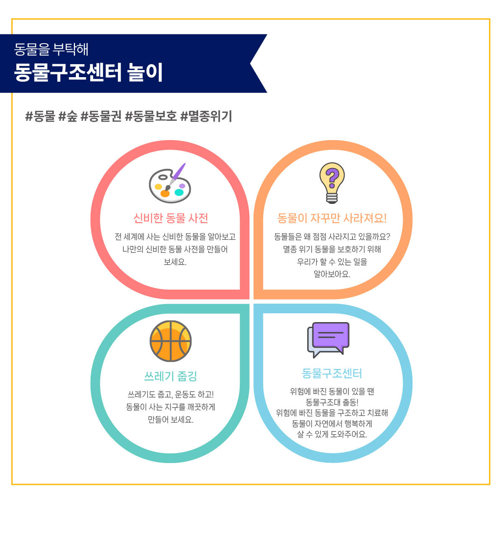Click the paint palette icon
(x=170, y=184)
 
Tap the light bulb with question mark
(x=332, y=183)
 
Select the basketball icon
(x=171, y=341)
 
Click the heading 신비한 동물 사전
(x=171, y=218)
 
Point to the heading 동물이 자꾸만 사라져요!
(x=332, y=218)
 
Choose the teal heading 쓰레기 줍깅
(x=171, y=376)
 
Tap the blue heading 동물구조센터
(x=332, y=373)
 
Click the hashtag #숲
(x=68, y=116)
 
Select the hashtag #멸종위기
(x=206, y=116)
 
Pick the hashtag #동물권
(x=101, y=116)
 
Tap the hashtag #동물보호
(x=151, y=116)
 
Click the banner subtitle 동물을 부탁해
(x=52, y=49)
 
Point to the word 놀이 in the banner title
(x=145, y=72)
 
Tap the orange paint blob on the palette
(x=165, y=193)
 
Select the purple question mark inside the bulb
(x=332, y=178)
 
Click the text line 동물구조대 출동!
(x=332, y=402)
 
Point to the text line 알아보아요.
(x=332, y=274)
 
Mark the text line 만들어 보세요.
(x=171, y=419)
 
